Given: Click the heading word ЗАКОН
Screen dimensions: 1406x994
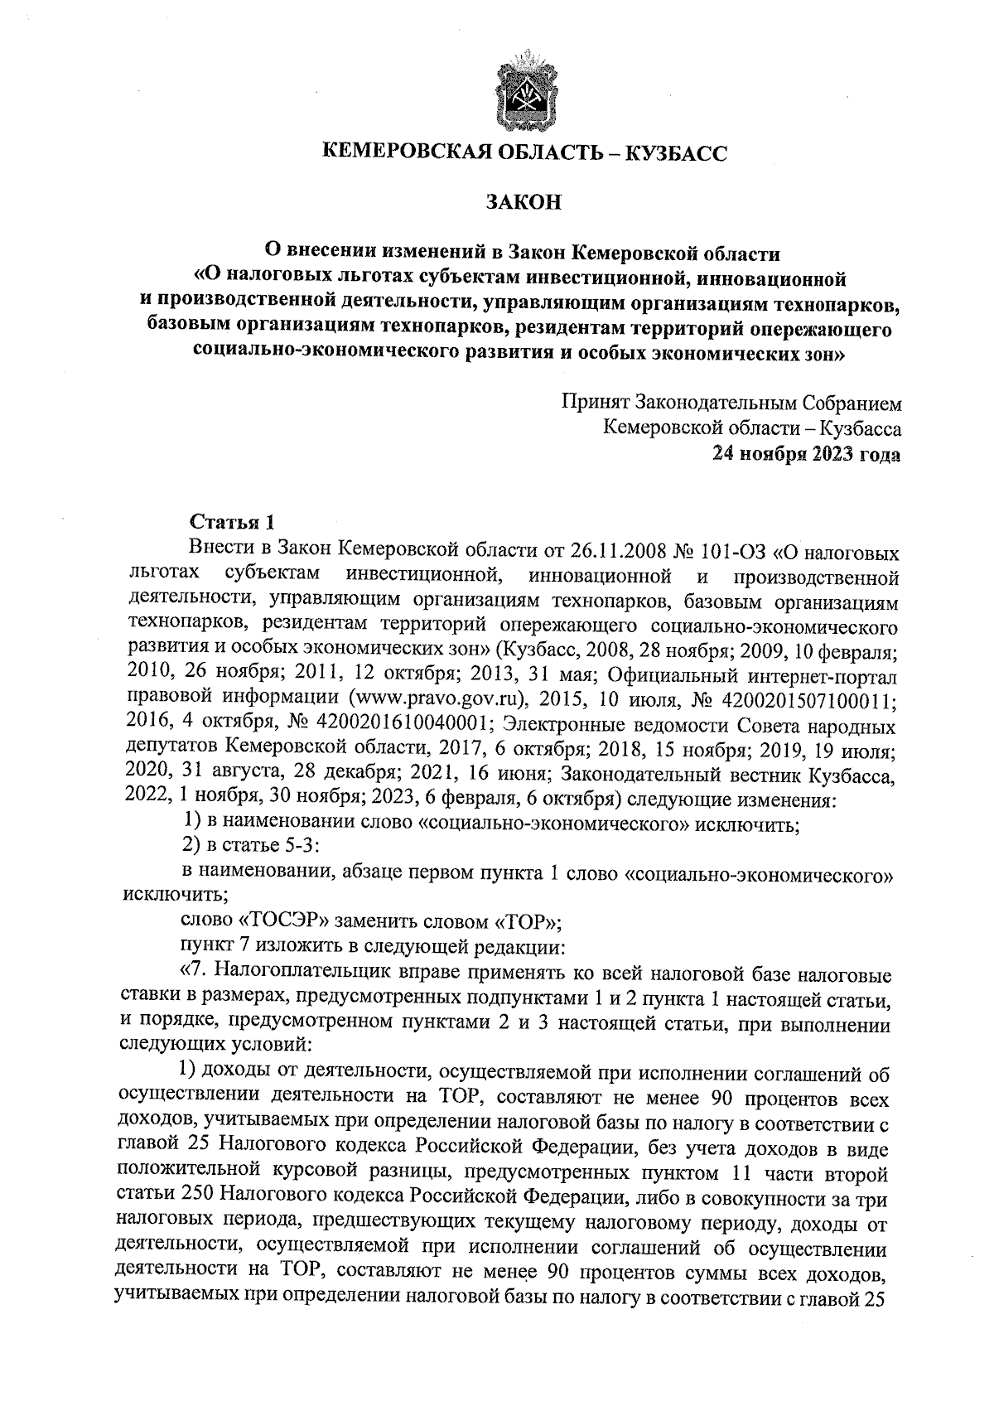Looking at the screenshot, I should pyautogui.click(x=523, y=201).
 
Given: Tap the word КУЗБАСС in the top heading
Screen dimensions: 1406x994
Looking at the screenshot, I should pyautogui.click(x=672, y=152).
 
